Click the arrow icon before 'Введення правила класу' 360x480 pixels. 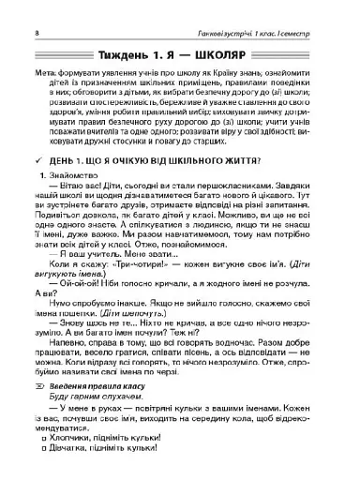38,411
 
